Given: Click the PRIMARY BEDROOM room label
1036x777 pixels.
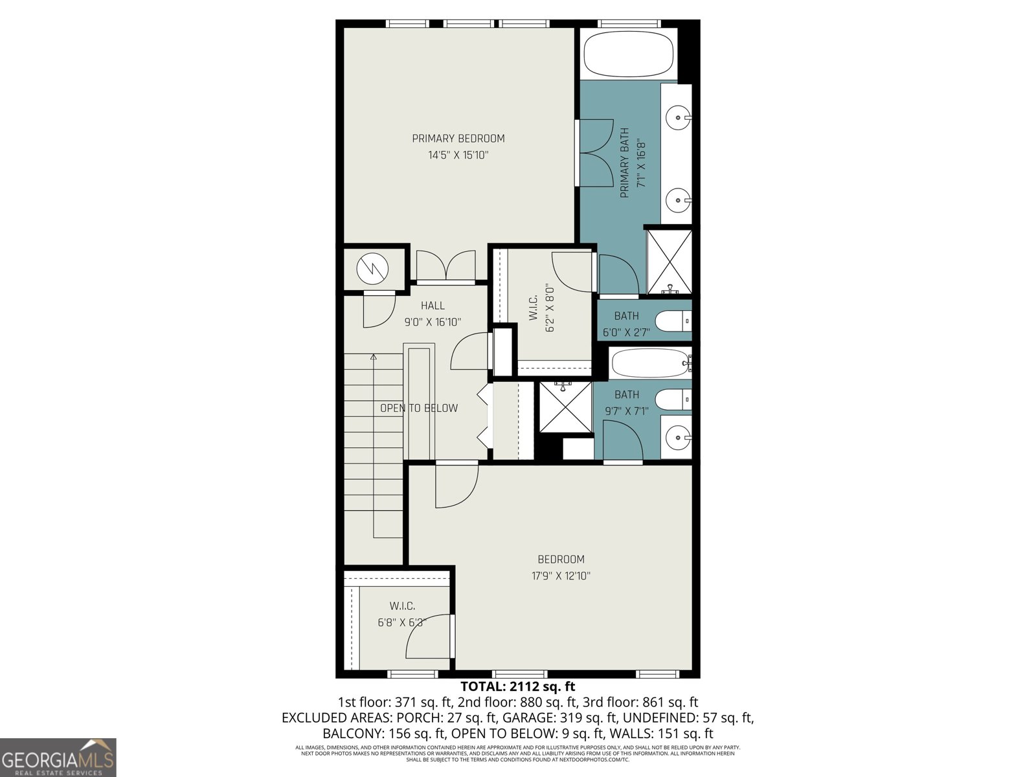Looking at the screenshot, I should click(x=458, y=138).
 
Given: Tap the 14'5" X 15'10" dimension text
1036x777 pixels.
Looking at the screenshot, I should click(x=458, y=155).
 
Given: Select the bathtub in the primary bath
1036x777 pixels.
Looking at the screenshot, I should click(x=629, y=56).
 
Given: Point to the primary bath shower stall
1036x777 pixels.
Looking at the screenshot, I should click(x=670, y=261).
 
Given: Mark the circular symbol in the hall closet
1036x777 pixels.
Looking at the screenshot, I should click(x=374, y=267).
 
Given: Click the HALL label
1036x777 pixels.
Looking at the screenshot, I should click(x=433, y=306).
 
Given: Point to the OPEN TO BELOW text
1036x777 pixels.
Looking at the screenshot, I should click(x=419, y=408).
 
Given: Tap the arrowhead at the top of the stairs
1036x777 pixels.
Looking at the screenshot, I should click(x=374, y=356).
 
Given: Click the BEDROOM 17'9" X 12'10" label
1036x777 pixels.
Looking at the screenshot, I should click(x=561, y=567).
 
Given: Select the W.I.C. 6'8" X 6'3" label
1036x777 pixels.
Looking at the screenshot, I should click(x=402, y=614).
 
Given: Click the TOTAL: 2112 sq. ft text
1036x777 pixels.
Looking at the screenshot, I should click(x=517, y=686).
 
